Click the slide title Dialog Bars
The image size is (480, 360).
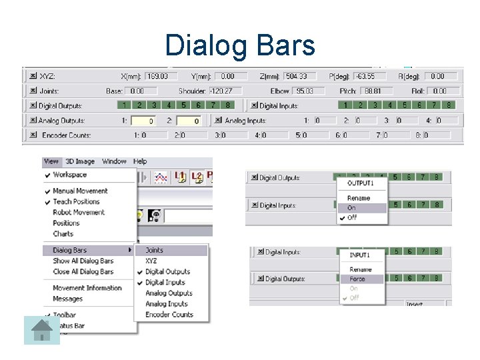240,45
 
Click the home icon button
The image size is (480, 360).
42,330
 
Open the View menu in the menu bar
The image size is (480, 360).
51,161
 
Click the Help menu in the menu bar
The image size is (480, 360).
140,161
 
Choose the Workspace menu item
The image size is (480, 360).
69,175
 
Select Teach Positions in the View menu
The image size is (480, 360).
76,201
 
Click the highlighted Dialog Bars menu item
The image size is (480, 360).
70,251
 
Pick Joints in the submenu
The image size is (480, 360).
154,251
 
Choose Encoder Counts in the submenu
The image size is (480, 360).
169,315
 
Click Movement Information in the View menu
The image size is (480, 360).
87,288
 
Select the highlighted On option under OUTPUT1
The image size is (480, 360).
352,208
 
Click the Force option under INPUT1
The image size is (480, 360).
357,279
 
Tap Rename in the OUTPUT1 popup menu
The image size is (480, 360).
359,199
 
